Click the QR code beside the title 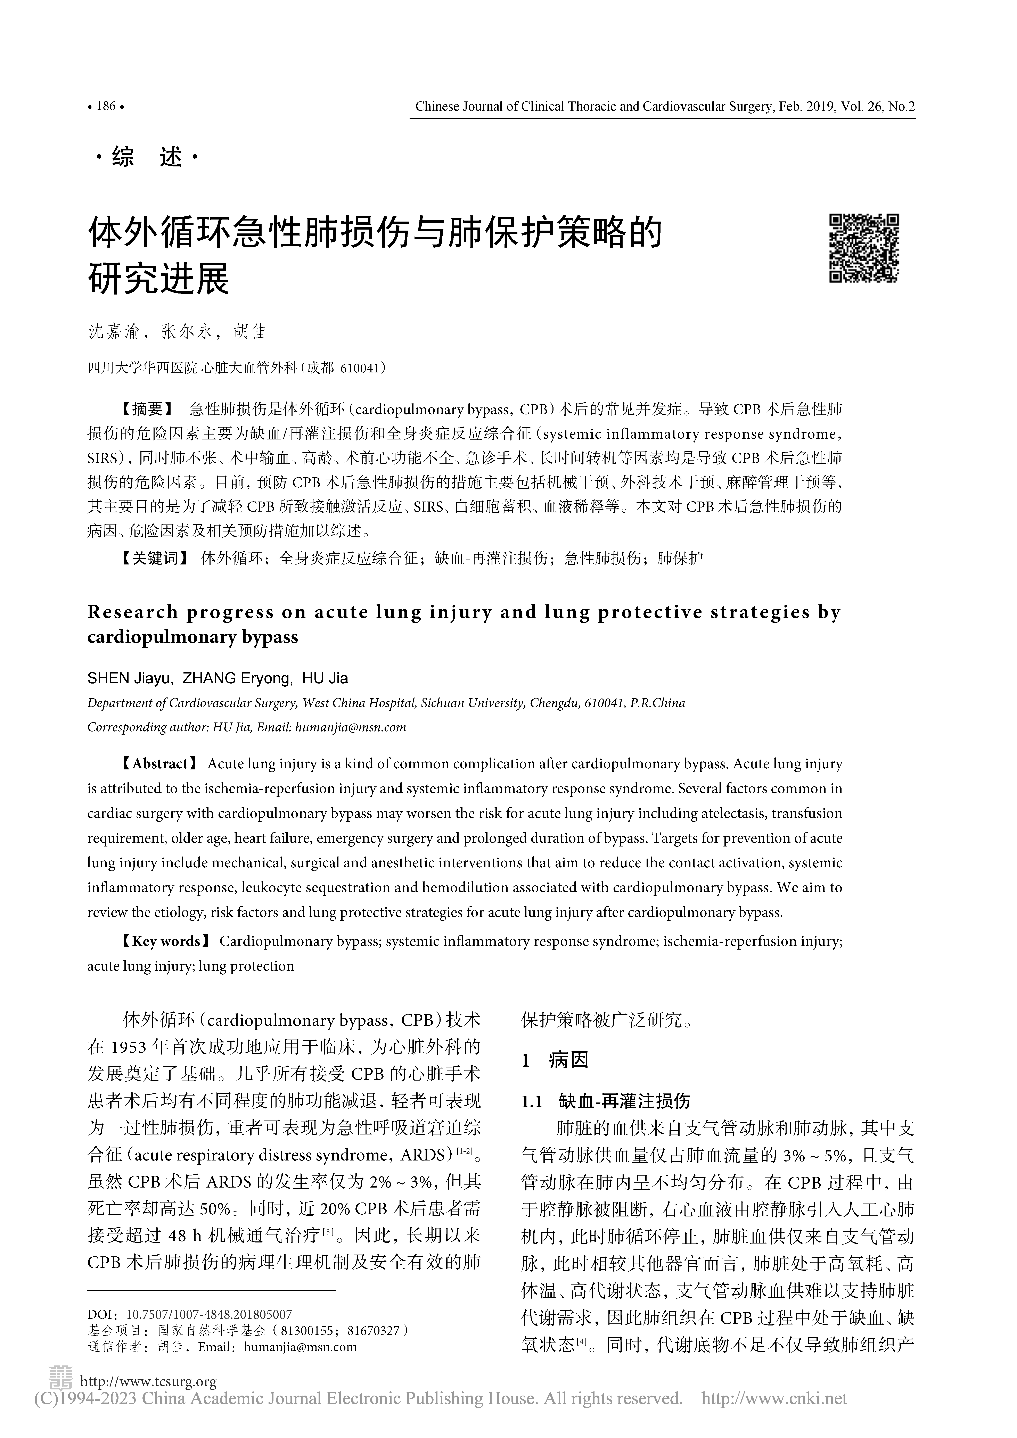pos(864,249)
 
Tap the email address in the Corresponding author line pos(350,727)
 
